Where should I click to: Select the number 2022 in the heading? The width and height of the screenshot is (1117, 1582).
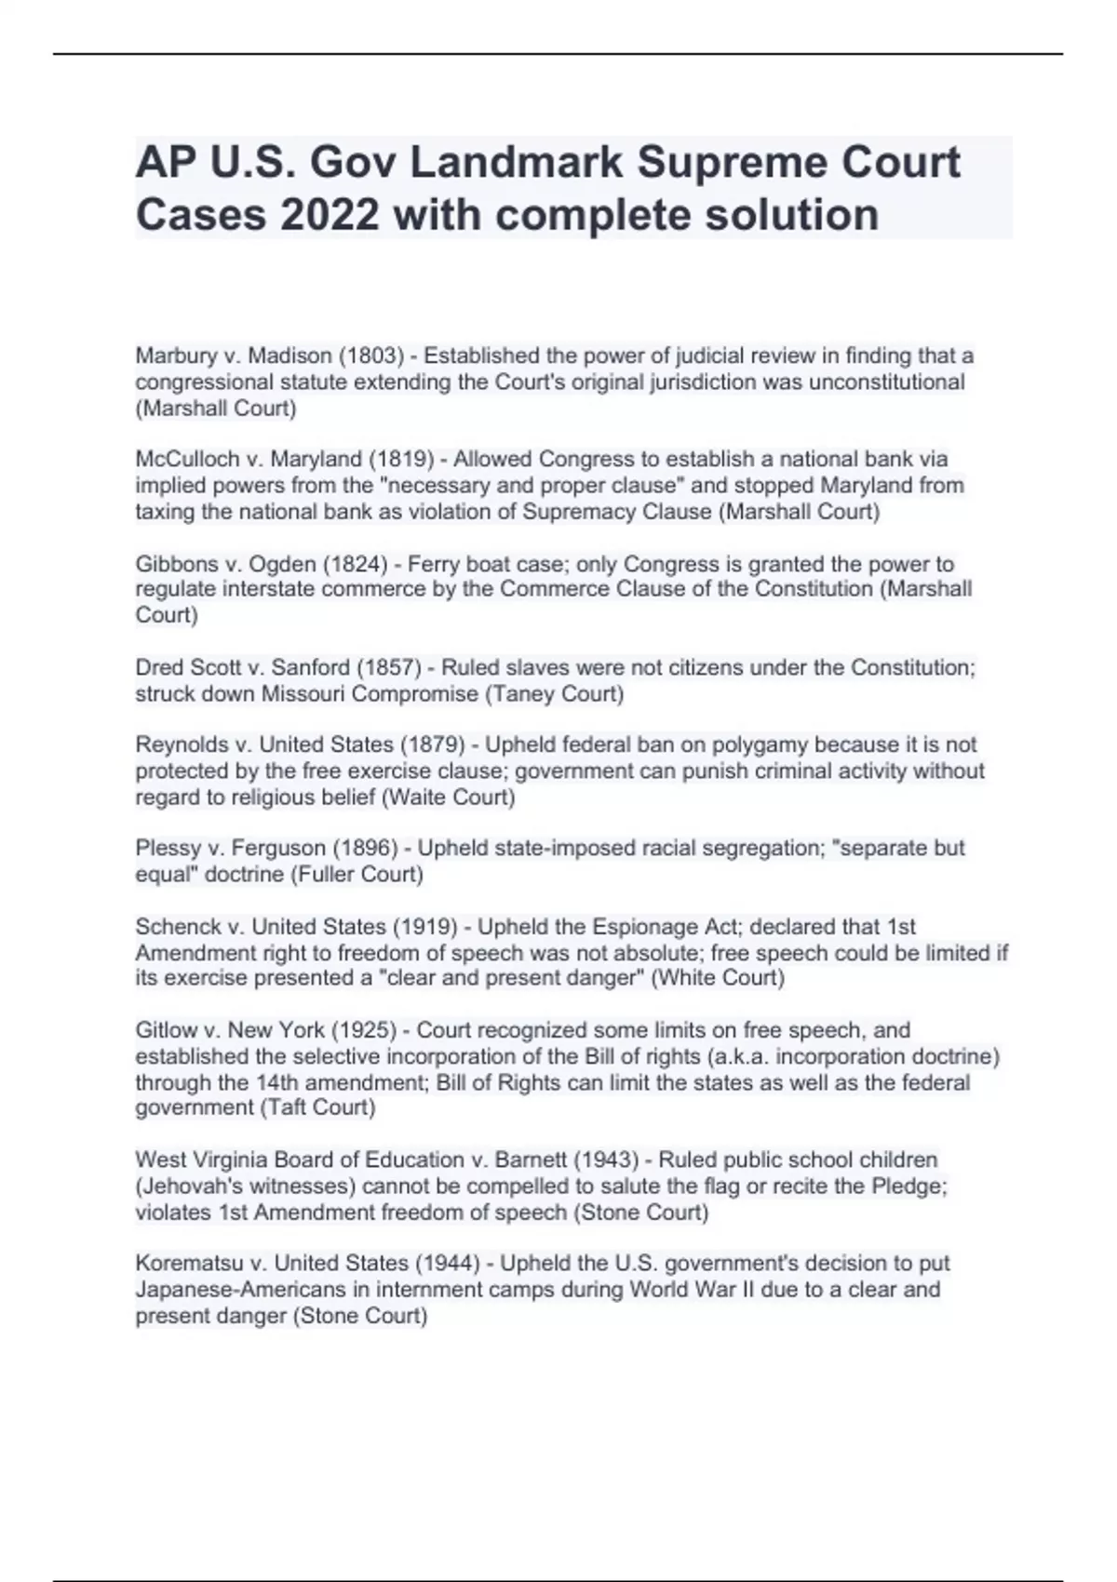pyautogui.click(x=330, y=215)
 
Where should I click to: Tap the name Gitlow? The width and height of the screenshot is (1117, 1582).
pyautogui.click(x=165, y=1030)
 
